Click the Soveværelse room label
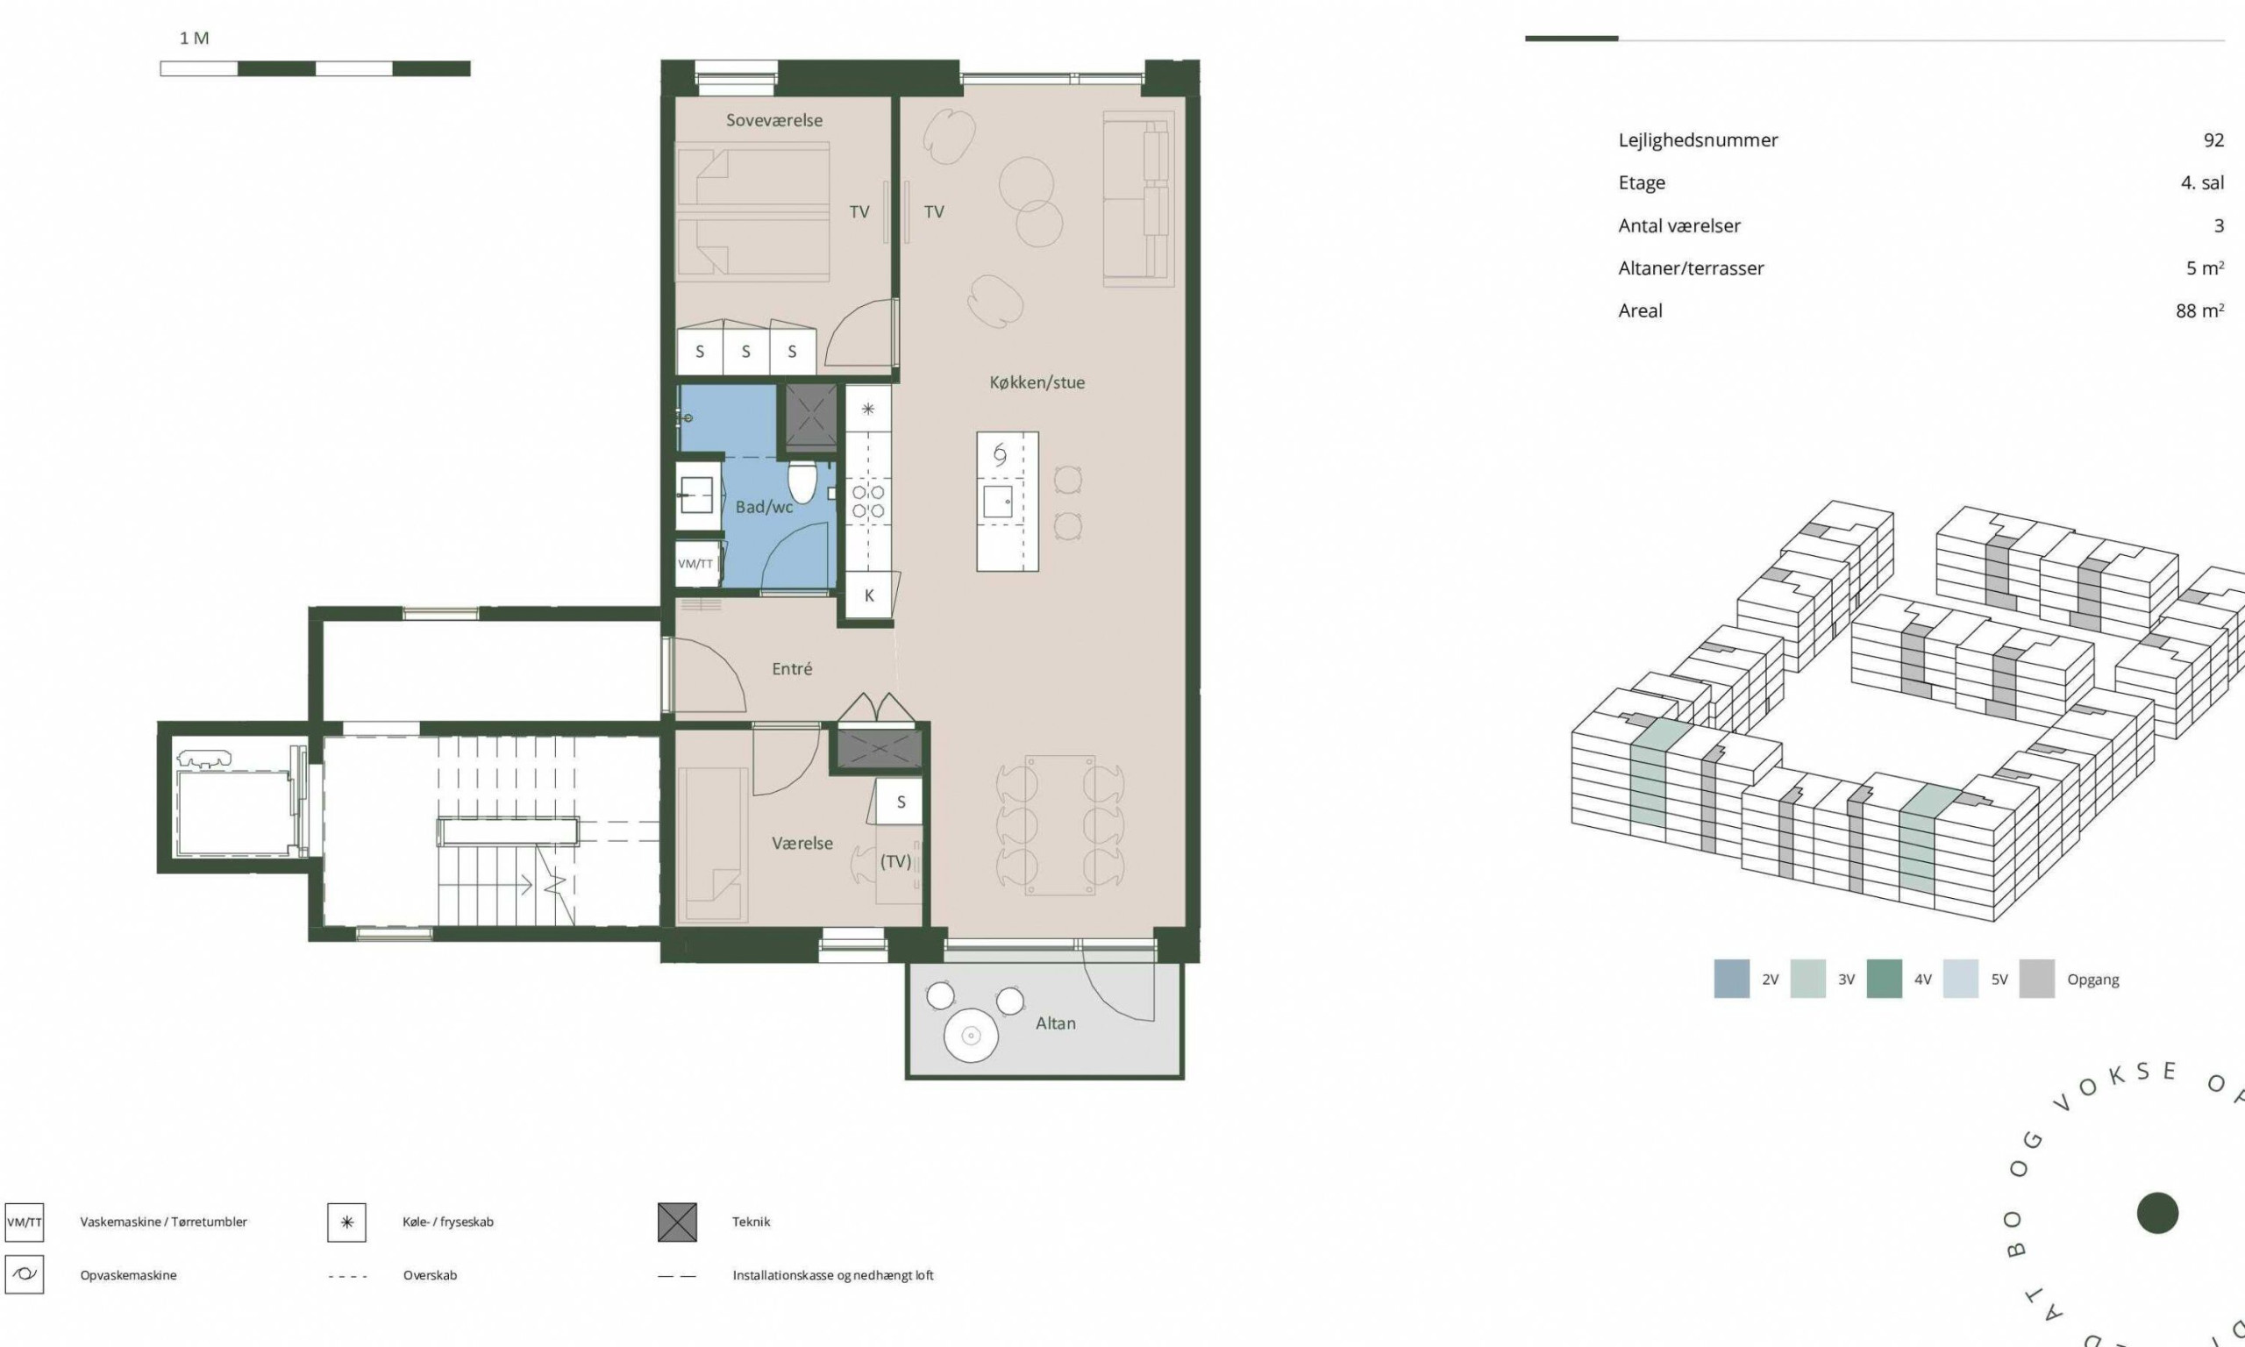774,120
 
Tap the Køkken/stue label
1037,382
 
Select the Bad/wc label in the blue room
764,507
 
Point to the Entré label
792,669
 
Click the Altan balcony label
1055,1023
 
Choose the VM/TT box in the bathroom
696,564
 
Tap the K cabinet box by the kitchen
868,595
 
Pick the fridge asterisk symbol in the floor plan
867,410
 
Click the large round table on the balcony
971,1035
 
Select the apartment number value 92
2213,139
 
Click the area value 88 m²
2199,310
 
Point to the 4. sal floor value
2202,182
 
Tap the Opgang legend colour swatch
2036,980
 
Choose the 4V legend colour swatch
1884,980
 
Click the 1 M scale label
194,38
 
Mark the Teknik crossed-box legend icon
677,1222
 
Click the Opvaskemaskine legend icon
25,1274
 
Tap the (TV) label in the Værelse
895,861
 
